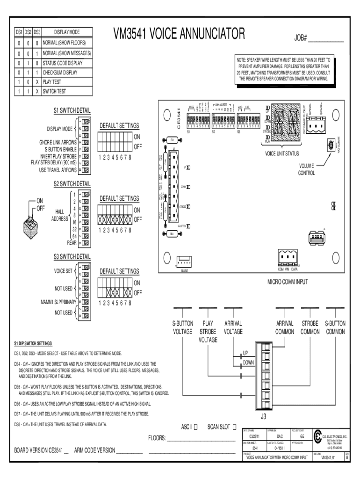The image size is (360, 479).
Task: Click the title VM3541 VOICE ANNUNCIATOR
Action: (x=179, y=34)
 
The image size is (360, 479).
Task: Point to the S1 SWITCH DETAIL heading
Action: (x=72, y=110)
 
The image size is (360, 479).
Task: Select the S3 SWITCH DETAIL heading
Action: (x=72, y=256)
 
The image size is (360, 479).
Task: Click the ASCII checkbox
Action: (x=196, y=427)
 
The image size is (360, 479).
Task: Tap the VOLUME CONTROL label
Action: (x=307, y=169)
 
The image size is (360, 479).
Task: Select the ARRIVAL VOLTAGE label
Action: (x=233, y=327)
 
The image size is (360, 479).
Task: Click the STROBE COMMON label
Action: (x=310, y=327)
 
